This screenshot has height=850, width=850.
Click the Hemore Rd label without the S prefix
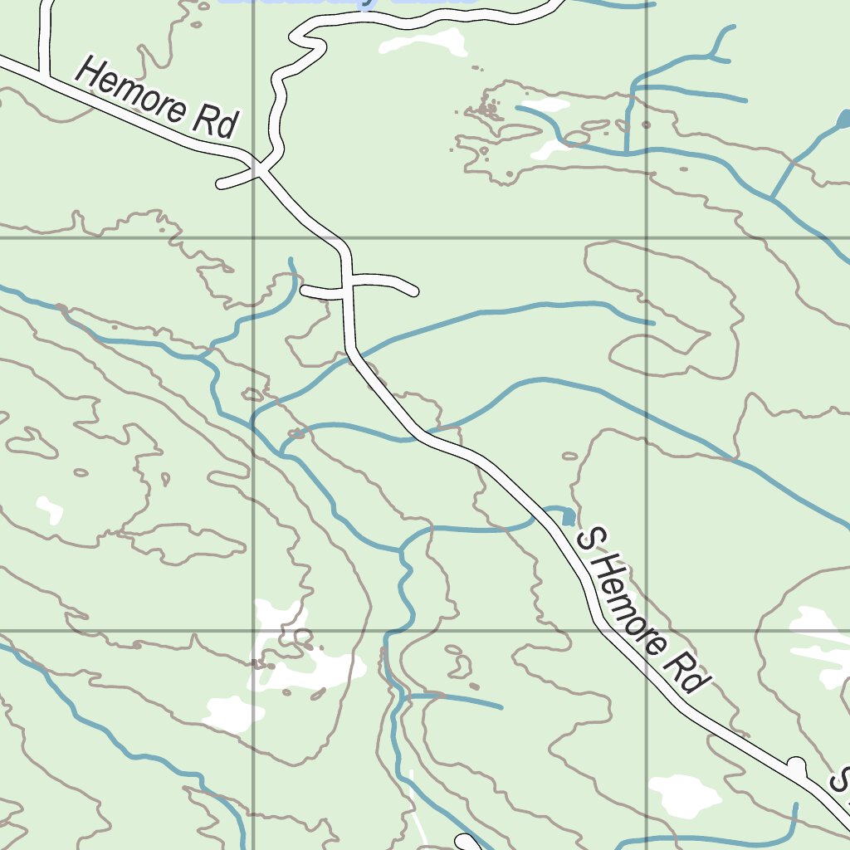[x=157, y=98]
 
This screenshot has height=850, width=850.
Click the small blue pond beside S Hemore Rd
[x=568, y=517]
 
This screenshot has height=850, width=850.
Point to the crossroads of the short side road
[x=348, y=288]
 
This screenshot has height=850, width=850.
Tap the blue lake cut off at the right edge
[x=843, y=120]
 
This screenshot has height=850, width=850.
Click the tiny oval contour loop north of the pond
[x=569, y=456]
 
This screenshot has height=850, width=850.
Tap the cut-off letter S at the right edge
[x=842, y=780]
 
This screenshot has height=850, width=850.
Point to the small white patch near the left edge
[x=50, y=509]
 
